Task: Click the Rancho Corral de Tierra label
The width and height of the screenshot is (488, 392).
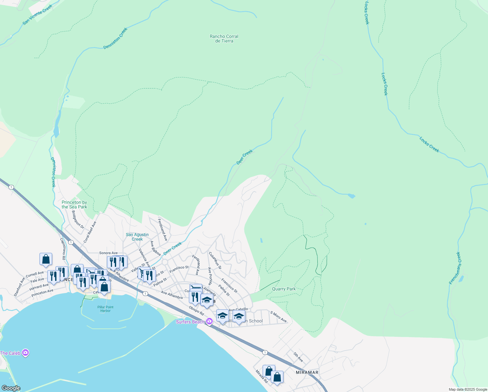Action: (x=224, y=39)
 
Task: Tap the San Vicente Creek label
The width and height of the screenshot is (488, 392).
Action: (x=37, y=15)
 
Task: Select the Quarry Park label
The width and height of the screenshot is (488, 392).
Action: (x=284, y=289)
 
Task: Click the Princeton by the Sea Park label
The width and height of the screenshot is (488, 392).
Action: (x=74, y=204)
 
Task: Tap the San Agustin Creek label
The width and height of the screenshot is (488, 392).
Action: (x=137, y=237)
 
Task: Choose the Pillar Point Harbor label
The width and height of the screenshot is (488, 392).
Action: (x=105, y=309)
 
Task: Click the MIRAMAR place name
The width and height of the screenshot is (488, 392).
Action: (x=307, y=372)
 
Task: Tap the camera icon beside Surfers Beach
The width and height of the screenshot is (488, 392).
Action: (x=209, y=321)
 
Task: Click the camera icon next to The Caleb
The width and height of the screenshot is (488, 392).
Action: (x=25, y=353)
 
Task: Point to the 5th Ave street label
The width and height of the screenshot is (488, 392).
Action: (x=298, y=357)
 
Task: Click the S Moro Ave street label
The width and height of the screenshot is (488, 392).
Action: (x=278, y=317)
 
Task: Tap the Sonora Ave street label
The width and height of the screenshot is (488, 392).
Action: (x=108, y=253)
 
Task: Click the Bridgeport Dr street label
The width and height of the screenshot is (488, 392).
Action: (x=78, y=220)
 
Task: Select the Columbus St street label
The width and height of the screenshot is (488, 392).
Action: (x=215, y=260)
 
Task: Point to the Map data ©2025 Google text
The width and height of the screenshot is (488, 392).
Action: (x=468, y=389)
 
